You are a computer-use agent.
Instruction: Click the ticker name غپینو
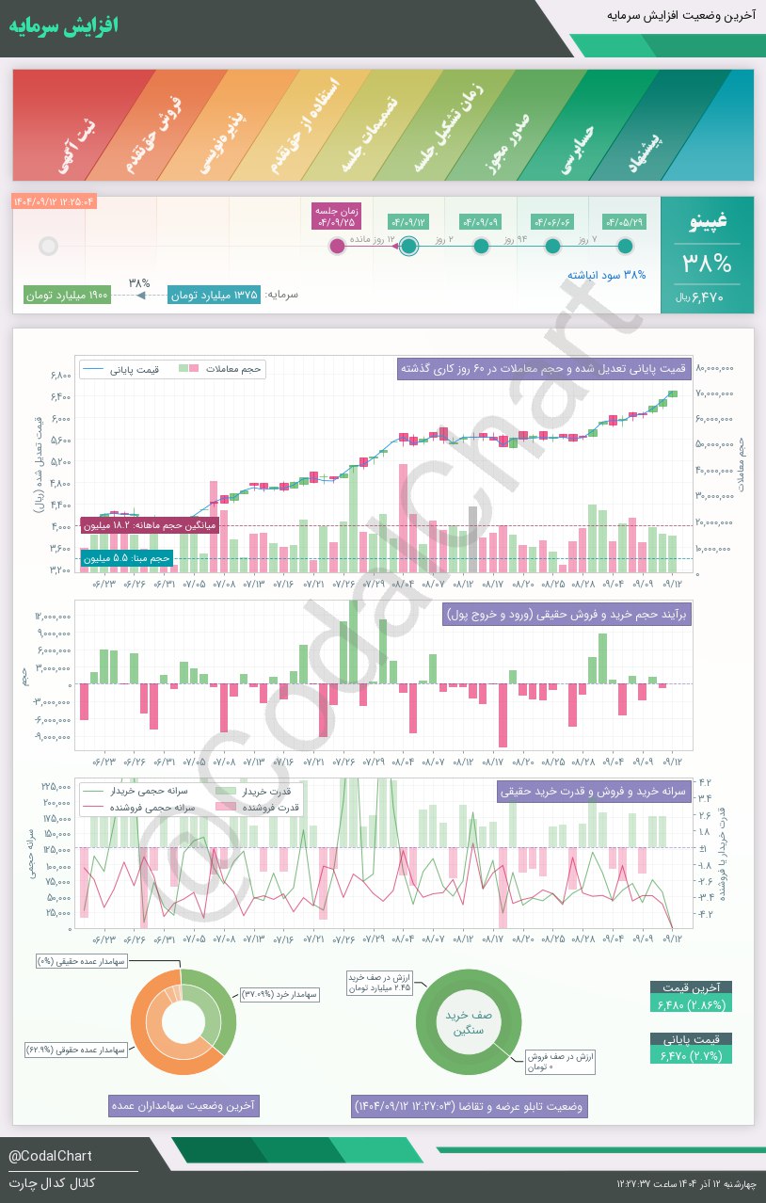(708, 222)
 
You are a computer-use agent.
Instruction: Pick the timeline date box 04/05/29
(625, 222)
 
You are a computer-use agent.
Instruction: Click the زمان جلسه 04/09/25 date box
(336, 217)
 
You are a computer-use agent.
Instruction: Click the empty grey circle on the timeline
(49, 247)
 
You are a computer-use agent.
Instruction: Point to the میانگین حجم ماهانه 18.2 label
(150, 525)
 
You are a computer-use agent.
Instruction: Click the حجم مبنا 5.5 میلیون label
(127, 558)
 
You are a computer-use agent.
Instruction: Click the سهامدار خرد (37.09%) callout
(280, 994)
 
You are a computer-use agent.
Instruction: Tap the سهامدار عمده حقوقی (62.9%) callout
(77, 1049)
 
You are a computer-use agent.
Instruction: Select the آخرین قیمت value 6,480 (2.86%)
(691, 1005)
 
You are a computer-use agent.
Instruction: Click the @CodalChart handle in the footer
(50, 1156)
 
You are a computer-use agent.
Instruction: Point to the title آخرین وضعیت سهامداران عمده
(183, 1105)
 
